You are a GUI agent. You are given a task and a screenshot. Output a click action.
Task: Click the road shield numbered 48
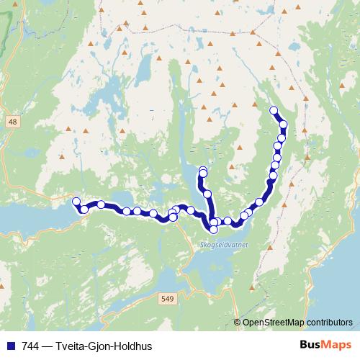point(12,123)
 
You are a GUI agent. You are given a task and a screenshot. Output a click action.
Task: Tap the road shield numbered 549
point(167,299)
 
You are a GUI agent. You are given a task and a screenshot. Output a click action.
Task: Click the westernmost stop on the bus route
point(76,202)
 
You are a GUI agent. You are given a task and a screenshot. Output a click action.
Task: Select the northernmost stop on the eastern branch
point(273,110)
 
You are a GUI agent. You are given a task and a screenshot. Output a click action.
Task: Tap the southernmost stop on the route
point(214,230)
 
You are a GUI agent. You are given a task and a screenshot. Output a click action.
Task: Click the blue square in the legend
point(9,346)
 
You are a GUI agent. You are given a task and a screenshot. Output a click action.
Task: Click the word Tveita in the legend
point(73,346)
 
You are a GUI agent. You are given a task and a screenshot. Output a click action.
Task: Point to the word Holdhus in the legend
point(134,346)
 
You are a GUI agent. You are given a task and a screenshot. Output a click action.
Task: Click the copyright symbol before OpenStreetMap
point(238,323)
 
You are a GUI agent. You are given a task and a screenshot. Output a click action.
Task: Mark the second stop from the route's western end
point(84,209)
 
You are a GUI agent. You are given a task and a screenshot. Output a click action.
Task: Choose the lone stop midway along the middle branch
point(207,194)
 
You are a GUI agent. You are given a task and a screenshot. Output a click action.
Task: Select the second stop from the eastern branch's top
point(283,125)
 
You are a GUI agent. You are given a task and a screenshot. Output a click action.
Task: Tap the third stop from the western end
point(102,204)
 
